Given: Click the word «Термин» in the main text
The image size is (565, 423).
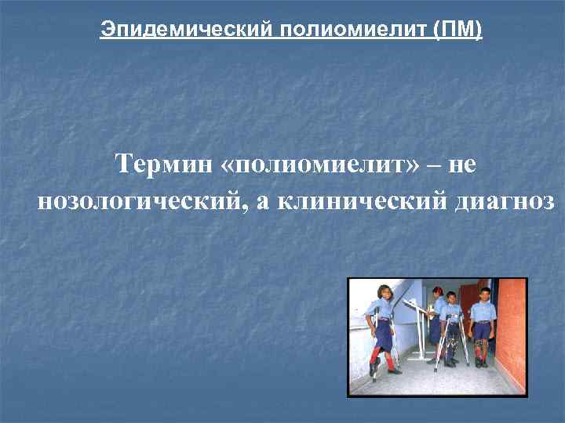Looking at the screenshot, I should click(x=161, y=165).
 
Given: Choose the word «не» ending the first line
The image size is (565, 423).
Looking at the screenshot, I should click(x=465, y=165).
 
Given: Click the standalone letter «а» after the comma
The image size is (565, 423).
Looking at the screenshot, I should click(x=262, y=202).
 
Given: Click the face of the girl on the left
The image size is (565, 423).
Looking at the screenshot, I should click(x=385, y=297).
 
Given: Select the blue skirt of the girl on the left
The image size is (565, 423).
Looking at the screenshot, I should click(x=385, y=335).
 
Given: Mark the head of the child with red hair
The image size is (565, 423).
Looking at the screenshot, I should click(x=437, y=292).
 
